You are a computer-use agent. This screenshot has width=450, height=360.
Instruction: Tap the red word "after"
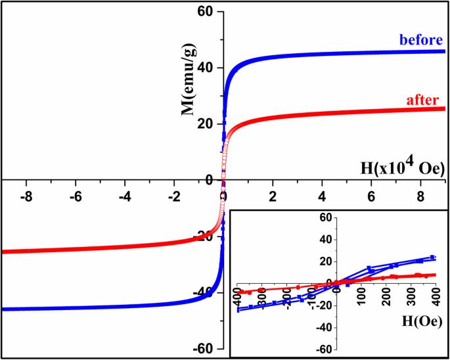[424, 100]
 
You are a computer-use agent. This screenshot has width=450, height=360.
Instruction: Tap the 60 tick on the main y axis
[207, 11]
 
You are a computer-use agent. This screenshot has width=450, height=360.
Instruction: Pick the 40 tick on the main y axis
[207, 68]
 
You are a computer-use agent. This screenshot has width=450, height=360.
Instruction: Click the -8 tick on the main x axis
[24, 196]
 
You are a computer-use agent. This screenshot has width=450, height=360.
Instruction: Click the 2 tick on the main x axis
[273, 196]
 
